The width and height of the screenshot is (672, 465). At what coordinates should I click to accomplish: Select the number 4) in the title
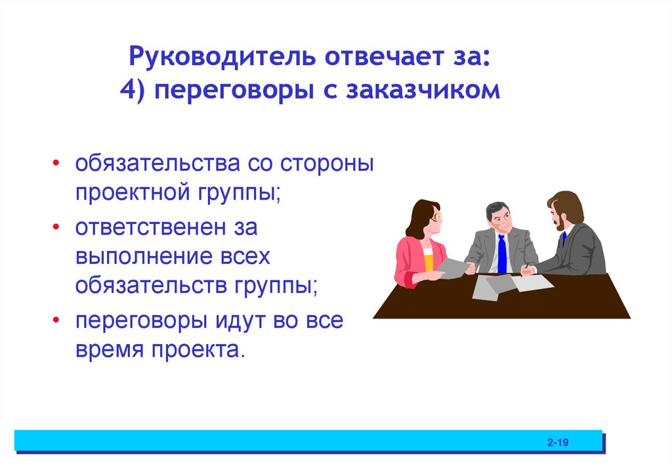[x=133, y=91]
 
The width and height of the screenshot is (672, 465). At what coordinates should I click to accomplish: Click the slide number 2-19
[x=557, y=443]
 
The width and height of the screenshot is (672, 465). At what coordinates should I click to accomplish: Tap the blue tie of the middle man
[x=502, y=253]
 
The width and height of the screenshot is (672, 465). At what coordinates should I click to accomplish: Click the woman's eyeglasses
[x=436, y=216]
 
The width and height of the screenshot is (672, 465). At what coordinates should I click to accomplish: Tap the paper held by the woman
[x=452, y=266]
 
